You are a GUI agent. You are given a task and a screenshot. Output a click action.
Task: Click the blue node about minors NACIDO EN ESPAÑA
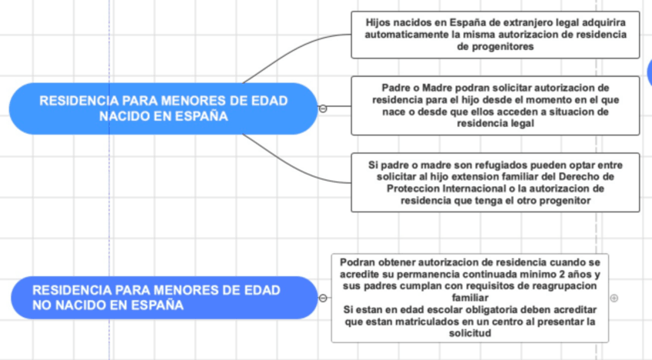163,108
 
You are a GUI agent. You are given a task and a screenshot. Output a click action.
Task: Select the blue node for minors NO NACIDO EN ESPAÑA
164,297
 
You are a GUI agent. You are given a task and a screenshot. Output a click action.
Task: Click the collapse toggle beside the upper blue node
323,108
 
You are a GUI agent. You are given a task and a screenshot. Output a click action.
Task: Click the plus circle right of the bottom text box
614,298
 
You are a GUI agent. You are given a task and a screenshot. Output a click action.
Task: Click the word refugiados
477,165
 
